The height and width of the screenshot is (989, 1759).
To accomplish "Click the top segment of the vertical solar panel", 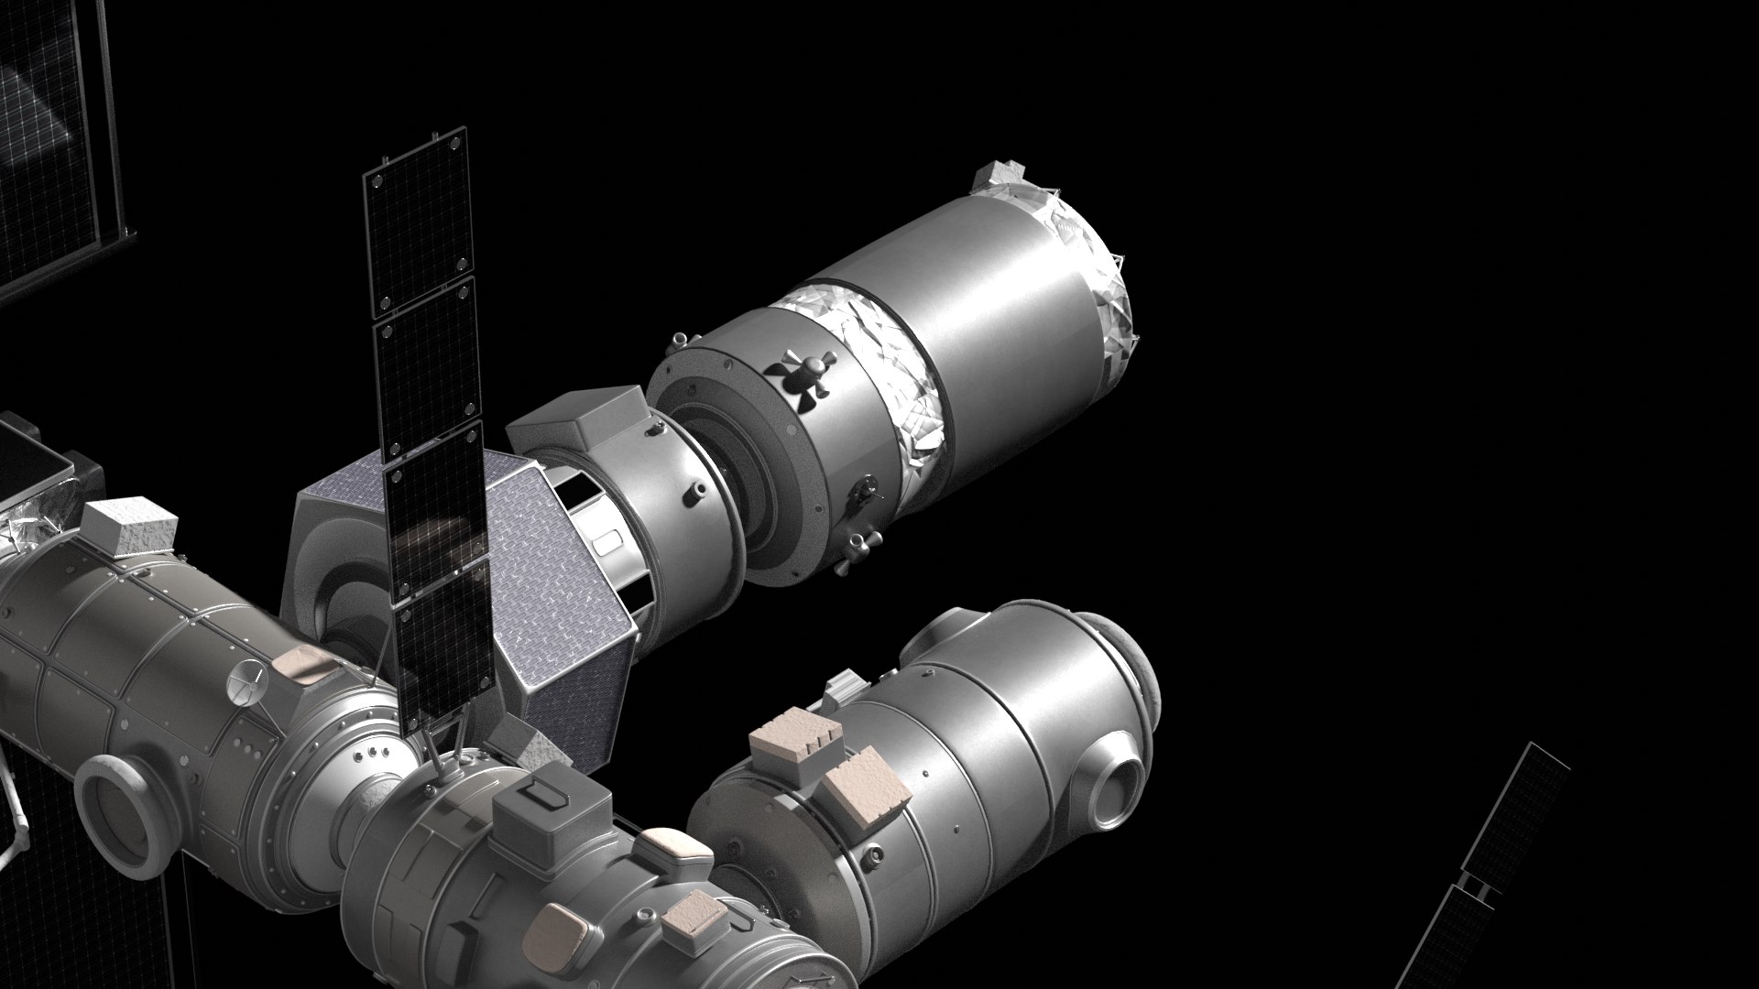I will pos(418,223).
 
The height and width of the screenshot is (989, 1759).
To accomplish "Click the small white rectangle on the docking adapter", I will pos(607,542).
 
